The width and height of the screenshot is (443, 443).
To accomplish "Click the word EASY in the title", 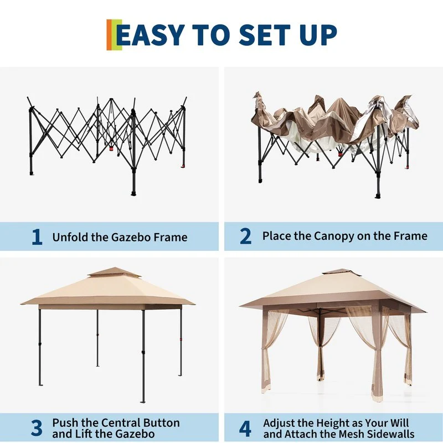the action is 151,35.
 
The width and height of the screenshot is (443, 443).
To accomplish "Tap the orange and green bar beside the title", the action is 114,35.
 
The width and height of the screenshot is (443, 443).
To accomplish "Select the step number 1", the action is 37,237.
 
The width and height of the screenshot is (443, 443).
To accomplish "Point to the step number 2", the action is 245,236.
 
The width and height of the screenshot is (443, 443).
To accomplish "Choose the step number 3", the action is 37,427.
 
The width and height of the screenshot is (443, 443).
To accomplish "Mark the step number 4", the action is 245,428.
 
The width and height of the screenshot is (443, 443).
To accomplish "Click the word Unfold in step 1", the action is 71,237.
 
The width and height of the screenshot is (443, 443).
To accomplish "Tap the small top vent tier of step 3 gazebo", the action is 114,272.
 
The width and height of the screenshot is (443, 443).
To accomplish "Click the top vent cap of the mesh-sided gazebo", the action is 342,272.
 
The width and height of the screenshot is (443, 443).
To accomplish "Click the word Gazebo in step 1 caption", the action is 131,237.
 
